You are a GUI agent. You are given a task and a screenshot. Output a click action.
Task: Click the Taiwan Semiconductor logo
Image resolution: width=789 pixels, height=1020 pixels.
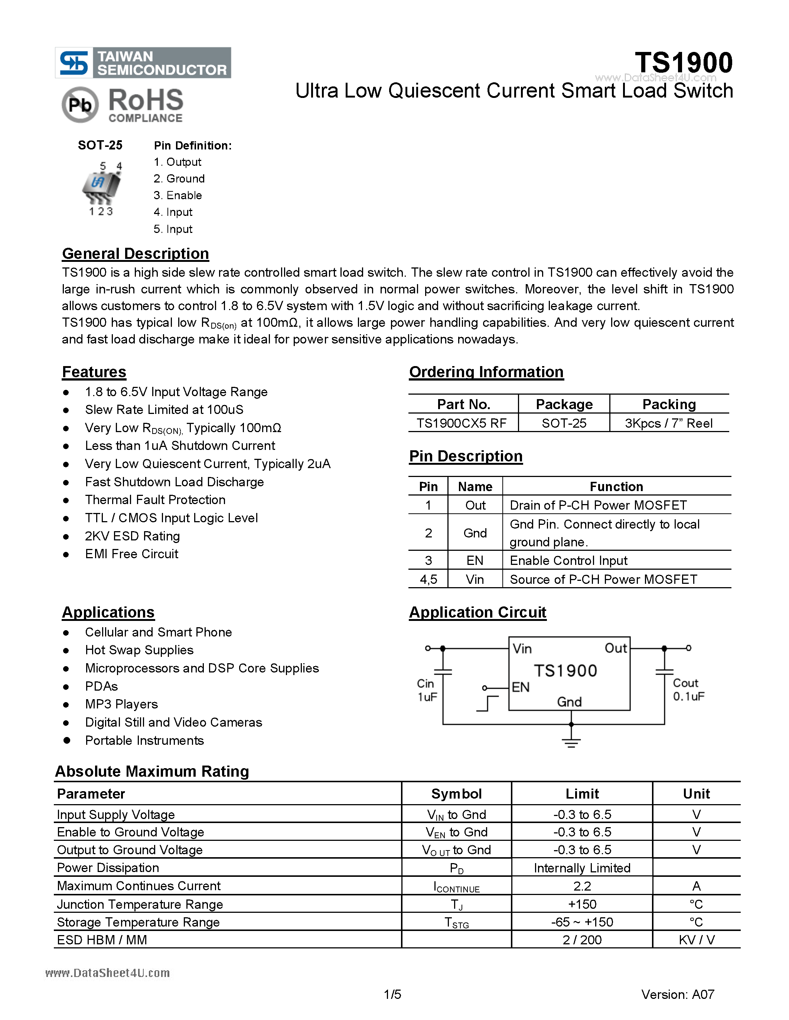pyautogui.click(x=143, y=63)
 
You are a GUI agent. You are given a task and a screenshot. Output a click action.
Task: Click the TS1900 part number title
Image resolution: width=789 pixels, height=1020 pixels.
pyautogui.click(x=683, y=63)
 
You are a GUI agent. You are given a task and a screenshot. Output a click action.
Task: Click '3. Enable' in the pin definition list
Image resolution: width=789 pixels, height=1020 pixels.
pyautogui.click(x=177, y=195)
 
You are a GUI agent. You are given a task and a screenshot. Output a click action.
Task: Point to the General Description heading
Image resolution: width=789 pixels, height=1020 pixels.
pyautogui.click(x=136, y=254)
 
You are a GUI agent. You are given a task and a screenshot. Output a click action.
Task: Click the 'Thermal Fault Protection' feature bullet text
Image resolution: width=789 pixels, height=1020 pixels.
pyautogui.click(x=155, y=500)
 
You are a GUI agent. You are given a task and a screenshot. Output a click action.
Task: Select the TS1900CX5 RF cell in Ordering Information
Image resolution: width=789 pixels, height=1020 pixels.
pyautogui.click(x=462, y=423)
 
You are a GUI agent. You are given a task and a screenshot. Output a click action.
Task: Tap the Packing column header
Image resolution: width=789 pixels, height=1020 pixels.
pyautogui.click(x=669, y=404)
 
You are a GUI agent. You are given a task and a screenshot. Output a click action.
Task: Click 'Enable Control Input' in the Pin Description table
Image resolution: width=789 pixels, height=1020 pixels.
pyautogui.click(x=568, y=560)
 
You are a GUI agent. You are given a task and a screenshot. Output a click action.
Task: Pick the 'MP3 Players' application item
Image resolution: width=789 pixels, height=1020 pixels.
pyautogui.click(x=121, y=704)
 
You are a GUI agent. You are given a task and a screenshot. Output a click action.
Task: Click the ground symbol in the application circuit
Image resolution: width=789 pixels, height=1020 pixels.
pyautogui.click(x=571, y=741)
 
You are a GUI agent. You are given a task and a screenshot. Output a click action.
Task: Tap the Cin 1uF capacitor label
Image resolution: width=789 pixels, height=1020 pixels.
pyautogui.click(x=427, y=690)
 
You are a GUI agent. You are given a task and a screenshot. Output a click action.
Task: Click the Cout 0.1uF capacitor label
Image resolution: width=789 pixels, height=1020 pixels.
pyautogui.click(x=688, y=690)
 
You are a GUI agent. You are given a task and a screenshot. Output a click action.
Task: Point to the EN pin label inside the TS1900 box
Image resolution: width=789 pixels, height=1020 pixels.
pyautogui.click(x=521, y=687)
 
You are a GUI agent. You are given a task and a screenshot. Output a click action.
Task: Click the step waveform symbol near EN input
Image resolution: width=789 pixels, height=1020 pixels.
pyautogui.click(x=488, y=703)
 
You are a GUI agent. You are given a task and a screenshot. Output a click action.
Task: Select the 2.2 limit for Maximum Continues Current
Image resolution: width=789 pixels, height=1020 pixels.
pyautogui.click(x=582, y=886)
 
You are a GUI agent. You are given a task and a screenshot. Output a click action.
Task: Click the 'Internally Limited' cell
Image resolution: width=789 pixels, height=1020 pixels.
pyautogui.click(x=582, y=868)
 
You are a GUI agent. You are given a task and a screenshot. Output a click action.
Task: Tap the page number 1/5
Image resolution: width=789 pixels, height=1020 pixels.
pyautogui.click(x=392, y=994)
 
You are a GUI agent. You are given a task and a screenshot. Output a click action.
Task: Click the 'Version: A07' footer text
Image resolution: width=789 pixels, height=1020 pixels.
pyautogui.click(x=677, y=994)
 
